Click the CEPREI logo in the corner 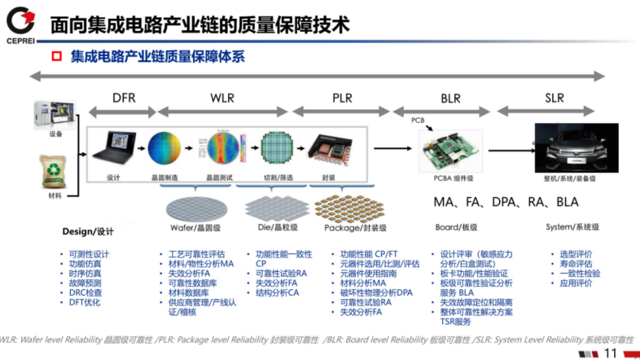coord(20,22)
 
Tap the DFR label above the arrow coord(125,99)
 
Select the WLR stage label coord(221,99)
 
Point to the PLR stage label coord(342,99)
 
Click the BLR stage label coord(450,99)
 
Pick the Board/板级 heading coord(458,227)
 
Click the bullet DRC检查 coord(86,292)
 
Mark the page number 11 coord(611,353)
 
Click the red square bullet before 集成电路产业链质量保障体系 coord(57,57)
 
